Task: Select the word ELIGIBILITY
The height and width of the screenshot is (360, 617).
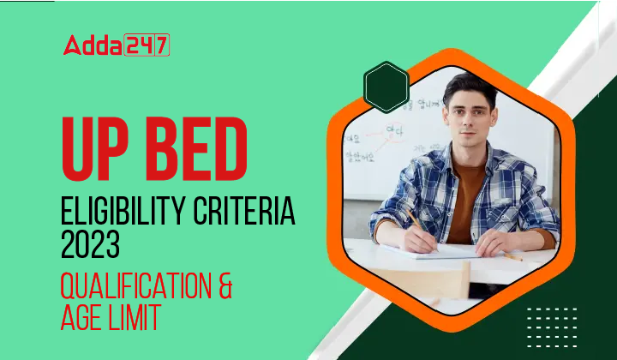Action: pyautogui.click(x=117, y=210)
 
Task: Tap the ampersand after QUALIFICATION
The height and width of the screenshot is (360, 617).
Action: pyautogui.click(x=225, y=285)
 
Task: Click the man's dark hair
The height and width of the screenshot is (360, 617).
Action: pyautogui.click(x=470, y=87)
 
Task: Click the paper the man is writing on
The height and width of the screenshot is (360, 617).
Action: pyautogui.click(x=441, y=251)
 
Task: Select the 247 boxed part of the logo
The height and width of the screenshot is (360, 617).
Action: pyautogui.click(x=147, y=45)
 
